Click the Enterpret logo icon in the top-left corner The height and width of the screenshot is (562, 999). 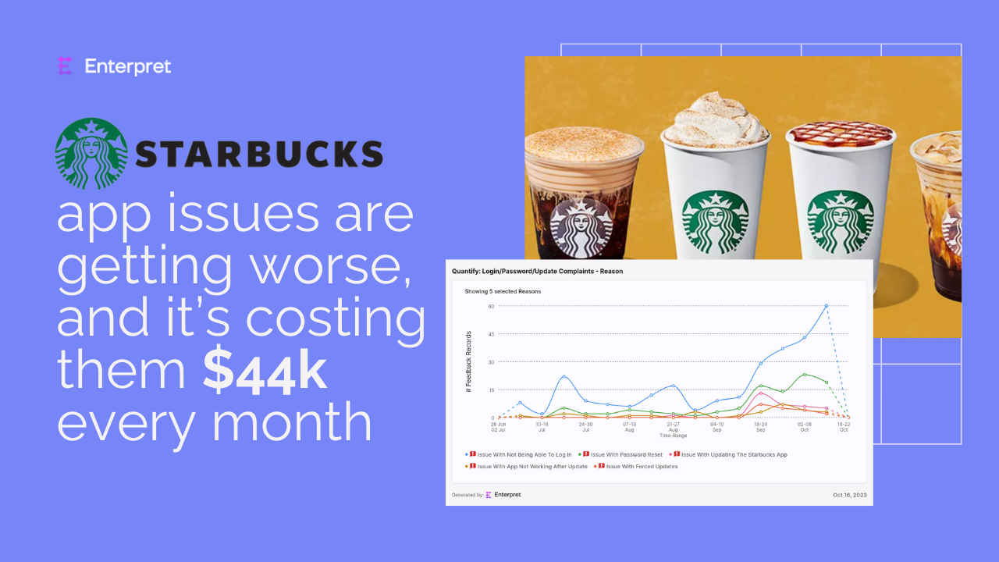(x=65, y=66)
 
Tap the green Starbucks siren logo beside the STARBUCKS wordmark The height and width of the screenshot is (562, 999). (x=91, y=154)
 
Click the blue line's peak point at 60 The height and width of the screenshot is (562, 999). (x=827, y=306)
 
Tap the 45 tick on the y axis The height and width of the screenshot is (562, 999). (x=491, y=334)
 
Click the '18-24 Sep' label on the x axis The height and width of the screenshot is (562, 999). (x=760, y=427)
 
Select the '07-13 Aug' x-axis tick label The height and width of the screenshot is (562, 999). (x=629, y=427)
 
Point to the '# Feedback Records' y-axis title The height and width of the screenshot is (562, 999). (x=468, y=361)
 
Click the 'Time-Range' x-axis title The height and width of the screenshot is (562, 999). (x=673, y=436)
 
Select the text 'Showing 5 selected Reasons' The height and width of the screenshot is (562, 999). (x=503, y=291)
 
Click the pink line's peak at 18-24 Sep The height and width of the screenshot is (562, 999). (x=761, y=393)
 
